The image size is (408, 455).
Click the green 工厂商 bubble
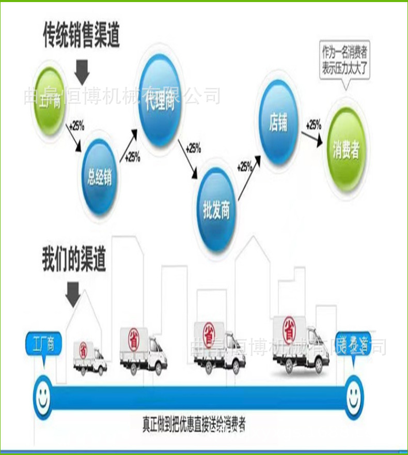(x=50, y=99)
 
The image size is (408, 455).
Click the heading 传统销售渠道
(x=81, y=36)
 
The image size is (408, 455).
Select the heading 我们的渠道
(x=74, y=260)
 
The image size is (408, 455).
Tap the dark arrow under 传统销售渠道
(x=83, y=71)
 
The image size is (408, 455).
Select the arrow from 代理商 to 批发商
(x=189, y=161)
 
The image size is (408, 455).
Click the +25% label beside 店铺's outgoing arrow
(x=313, y=125)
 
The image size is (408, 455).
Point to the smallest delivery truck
(x=90, y=357)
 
